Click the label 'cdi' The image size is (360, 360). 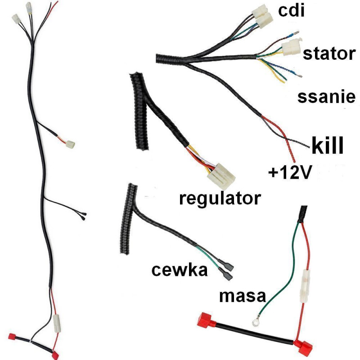pyautogui.click(x=291, y=11)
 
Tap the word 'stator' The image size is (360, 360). pyautogui.click(x=329, y=54)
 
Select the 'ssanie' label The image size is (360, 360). pyautogui.click(x=326, y=97)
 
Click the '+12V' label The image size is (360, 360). pyautogui.click(x=290, y=172)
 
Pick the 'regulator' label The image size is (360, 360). pyautogui.click(x=220, y=198)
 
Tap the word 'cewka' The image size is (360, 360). pyautogui.click(x=180, y=270)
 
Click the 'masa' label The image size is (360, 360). pyautogui.click(x=243, y=296)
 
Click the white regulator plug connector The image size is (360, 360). pyautogui.click(x=221, y=176)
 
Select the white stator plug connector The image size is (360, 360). pyautogui.click(x=291, y=48)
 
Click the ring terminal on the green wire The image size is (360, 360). pyautogui.click(x=256, y=322)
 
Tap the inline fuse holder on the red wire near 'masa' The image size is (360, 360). pyautogui.click(x=304, y=286)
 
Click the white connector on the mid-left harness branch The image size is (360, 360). pyautogui.click(x=70, y=144)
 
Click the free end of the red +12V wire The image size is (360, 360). pyautogui.click(x=294, y=162)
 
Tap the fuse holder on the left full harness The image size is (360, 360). pyautogui.click(x=57, y=324)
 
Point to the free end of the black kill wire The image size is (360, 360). pyautogui.click(x=309, y=147)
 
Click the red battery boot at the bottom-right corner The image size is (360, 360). pyautogui.click(x=303, y=347)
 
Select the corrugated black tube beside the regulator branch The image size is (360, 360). pyautogui.click(x=139, y=111)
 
